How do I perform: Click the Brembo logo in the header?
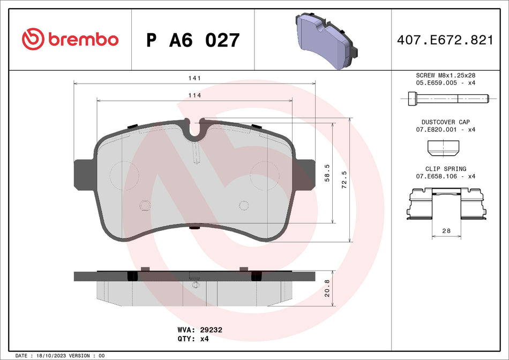(x=70, y=39)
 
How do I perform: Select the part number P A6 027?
(x=193, y=40)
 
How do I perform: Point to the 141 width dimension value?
(x=194, y=78)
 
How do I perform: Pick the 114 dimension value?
(x=194, y=95)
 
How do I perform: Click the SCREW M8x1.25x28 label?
(x=446, y=76)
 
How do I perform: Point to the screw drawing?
(x=445, y=98)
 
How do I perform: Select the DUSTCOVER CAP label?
(x=446, y=122)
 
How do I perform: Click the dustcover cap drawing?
(x=444, y=146)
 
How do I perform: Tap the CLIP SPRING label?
(x=446, y=169)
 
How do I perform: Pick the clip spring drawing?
(x=446, y=204)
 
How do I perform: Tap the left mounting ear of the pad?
(x=84, y=175)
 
